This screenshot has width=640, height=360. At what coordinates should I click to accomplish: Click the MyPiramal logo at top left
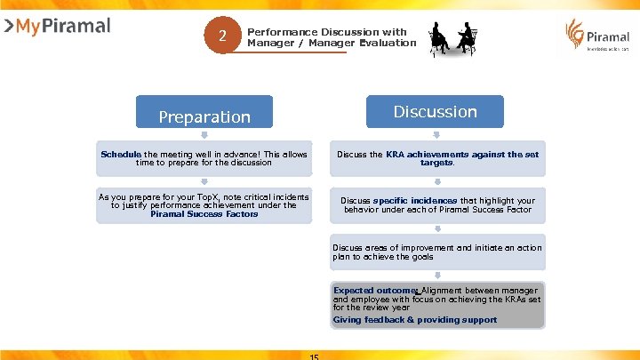pyautogui.click(x=57, y=27)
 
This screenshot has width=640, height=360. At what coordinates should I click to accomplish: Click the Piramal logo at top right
pyautogui.click(x=597, y=36)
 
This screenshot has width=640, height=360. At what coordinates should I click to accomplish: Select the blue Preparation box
pyautogui.click(x=204, y=116)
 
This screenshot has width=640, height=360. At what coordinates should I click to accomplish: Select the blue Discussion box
pyautogui.click(x=436, y=112)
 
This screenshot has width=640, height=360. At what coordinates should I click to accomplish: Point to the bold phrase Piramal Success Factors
pyautogui.click(x=204, y=214)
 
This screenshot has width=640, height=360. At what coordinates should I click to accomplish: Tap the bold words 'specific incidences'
pyautogui.click(x=415, y=201)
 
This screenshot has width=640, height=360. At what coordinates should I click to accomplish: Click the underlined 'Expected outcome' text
pyautogui.click(x=375, y=291)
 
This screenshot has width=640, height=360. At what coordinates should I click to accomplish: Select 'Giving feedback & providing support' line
pyautogui.click(x=415, y=320)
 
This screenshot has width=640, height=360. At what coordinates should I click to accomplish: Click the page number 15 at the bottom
pyautogui.click(x=314, y=356)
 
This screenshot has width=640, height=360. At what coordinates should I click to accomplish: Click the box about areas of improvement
pyautogui.click(x=436, y=252)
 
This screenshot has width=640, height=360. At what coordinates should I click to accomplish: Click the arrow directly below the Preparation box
pyautogui.click(x=204, y=136)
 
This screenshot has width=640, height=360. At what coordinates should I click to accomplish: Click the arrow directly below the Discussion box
pyautogui.click(x=436, y=135)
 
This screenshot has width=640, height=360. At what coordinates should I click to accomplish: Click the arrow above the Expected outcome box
pyautogui.click(x=436, y=276)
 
